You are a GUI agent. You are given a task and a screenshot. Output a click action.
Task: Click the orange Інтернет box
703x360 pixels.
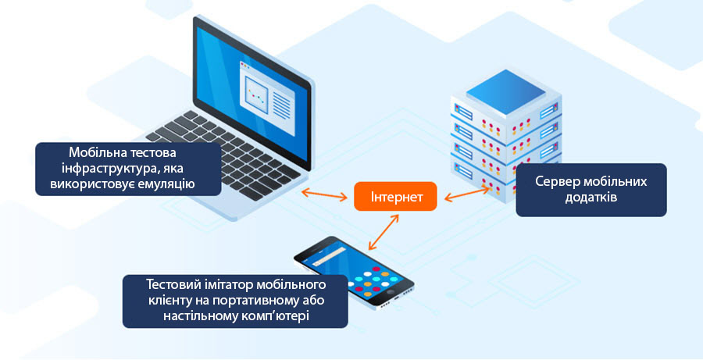tap(395, 196)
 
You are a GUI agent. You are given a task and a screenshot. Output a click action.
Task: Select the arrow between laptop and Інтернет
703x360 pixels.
tap(324, 194)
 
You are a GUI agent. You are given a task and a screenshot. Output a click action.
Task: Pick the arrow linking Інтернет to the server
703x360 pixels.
tap(467, 193)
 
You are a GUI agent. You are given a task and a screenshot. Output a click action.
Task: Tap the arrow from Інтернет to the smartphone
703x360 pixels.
tap(384, 232)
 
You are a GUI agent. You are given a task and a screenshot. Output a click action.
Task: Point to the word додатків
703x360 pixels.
tap(591, 198)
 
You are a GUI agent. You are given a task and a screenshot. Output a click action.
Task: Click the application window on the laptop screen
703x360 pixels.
tap(268, 98)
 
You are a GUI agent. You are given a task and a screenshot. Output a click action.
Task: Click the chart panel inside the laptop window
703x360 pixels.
tap(256, 94)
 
